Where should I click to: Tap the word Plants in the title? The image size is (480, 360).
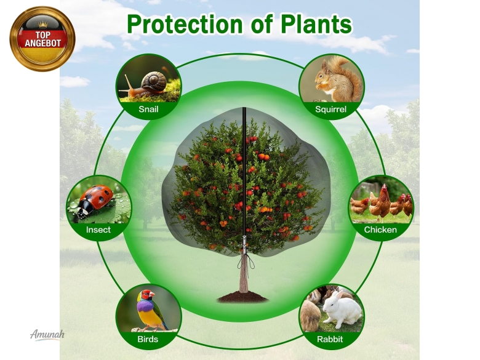click(316, 24)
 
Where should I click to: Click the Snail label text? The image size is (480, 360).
click(148, 109)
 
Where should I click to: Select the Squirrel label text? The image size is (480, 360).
click(330, 110)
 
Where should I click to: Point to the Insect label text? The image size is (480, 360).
click(98, 230)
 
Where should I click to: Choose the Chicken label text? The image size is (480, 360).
click(380, 230)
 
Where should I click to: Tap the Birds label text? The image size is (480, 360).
click(148, 339)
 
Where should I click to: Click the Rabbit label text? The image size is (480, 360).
click(330, 339)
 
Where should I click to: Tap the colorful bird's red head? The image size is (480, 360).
click(147, 295)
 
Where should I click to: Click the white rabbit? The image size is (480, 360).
click(342, 308)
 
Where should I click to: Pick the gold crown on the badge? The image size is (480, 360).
click(43, 25)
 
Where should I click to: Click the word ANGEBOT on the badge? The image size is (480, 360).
click(43, 43)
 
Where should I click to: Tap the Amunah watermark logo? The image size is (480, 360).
click(47, 334)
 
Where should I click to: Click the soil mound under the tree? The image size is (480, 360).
click(242, 297)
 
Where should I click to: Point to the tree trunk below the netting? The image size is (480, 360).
click(244, 273)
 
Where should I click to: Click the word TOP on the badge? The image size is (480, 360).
click(42, 35)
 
